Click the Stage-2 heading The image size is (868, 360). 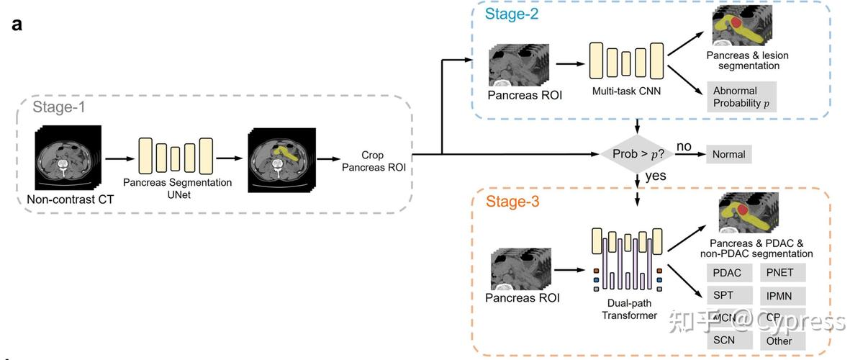(x=512, y=14)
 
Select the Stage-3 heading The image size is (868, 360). (x=512, y=201)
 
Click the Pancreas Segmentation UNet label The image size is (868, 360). (x=177, y=188)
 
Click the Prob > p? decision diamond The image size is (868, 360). (x=636, y=154)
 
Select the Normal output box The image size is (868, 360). (x=728, y=154)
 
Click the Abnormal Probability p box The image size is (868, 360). (x=741, y=96)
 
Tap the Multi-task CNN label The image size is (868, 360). (x=626, y=91)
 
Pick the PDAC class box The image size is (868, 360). (x=727, y=273)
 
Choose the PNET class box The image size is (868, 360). (x=780, y=273)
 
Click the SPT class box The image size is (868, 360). (x=723, y=295)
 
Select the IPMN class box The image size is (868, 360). (x=780, y=295)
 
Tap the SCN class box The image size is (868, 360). (x=724, y=340)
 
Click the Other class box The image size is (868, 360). (x=779, y=341)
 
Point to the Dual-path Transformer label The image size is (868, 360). (x=629, y=310)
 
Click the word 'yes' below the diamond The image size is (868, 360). (x=656, y=176)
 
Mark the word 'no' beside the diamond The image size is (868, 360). (x=683, y=147)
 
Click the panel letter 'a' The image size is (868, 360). (x=17, y=24)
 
